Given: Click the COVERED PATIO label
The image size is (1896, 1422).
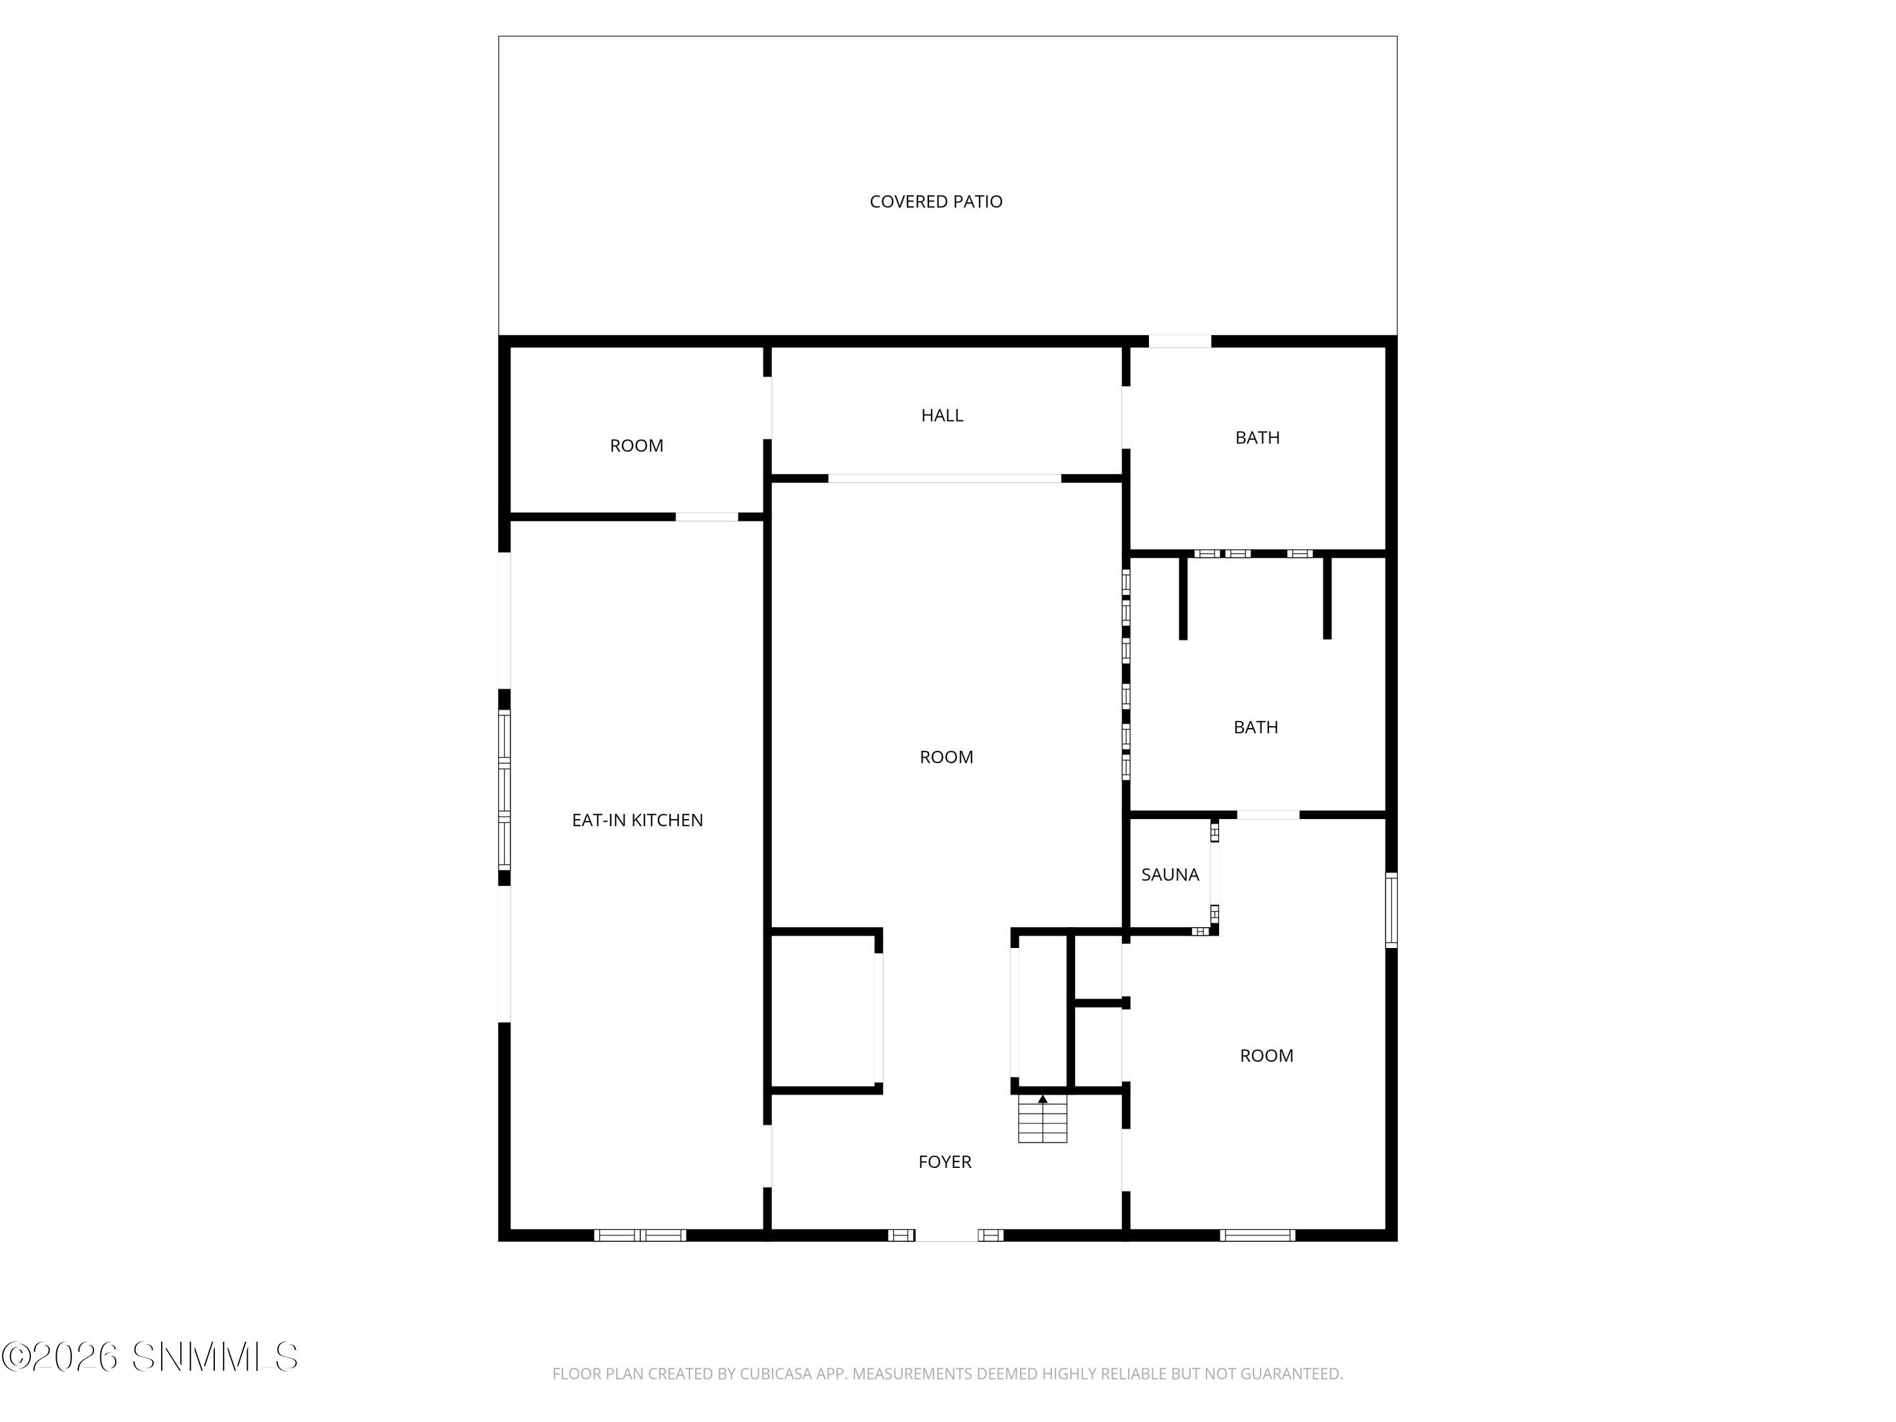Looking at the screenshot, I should click(x=935, y=202).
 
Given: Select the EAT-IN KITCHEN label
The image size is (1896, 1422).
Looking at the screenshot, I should click(x=637, y=820).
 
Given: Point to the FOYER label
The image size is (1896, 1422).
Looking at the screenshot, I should click(x=945, y=1162).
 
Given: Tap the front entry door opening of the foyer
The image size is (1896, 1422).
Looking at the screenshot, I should click(x=946, y=1235).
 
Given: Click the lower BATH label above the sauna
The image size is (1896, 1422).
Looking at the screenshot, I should click(x=1255, y=727).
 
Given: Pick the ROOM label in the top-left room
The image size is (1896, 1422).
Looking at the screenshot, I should click(x=636, y=446).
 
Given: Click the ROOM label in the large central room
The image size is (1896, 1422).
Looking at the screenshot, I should click(x=945, y=758).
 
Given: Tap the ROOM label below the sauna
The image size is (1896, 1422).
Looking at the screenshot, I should click(x=1266, y=1056).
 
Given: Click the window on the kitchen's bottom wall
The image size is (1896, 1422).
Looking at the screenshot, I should click(x=640, y=1235).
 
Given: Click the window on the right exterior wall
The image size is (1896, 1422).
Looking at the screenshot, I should click(x=1391, y=910).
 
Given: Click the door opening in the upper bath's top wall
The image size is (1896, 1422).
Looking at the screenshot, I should click(x=1179, y=341).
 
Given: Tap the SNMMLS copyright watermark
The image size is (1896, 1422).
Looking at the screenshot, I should click(x=150, y=1357).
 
